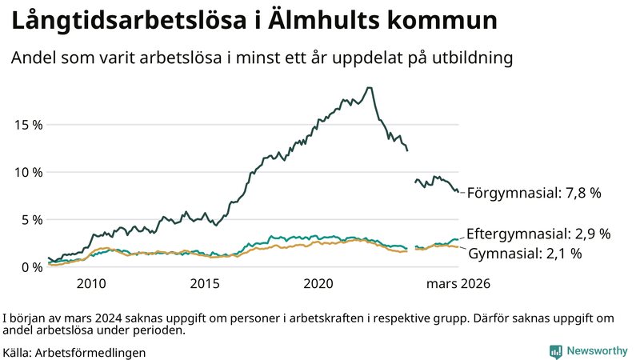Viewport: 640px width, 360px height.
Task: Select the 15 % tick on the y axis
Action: point(27,125)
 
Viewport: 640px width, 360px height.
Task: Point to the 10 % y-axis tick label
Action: point(27,172)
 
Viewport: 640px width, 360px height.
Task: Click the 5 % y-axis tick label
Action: point(30,219)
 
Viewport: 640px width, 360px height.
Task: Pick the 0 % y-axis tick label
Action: point(30,267)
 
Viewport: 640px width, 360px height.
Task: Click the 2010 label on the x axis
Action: point(91,284)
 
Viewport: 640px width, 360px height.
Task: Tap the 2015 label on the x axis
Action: point(205,284)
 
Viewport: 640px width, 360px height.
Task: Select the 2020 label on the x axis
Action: point(318,284)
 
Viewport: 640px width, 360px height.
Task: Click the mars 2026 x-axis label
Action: point(458,284)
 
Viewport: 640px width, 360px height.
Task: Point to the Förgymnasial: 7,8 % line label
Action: point(534,193)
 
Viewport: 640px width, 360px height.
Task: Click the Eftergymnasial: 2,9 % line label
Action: point(538,234)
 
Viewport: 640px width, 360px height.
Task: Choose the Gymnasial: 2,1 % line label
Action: point(524,254)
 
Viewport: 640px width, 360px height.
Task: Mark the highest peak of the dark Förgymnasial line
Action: point(368,88)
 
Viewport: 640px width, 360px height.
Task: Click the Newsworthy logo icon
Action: point(555,351)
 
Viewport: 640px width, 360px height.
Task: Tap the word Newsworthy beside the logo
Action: point(598,351)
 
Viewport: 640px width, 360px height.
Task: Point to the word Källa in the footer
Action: point(18,352)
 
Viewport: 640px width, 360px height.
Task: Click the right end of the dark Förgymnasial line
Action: point(458,192)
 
